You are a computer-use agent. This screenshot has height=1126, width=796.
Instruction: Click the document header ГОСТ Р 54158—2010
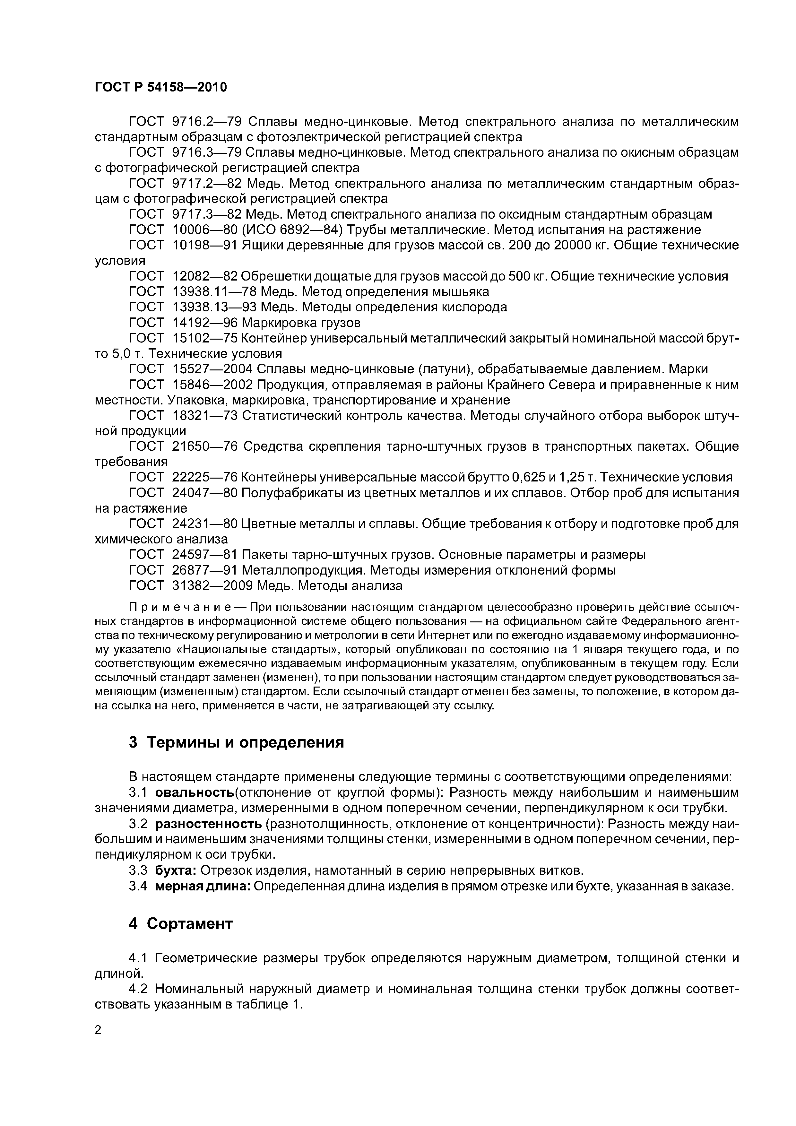[x=161, y=88]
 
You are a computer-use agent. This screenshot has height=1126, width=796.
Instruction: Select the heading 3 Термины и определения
[x=237, y=742]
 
